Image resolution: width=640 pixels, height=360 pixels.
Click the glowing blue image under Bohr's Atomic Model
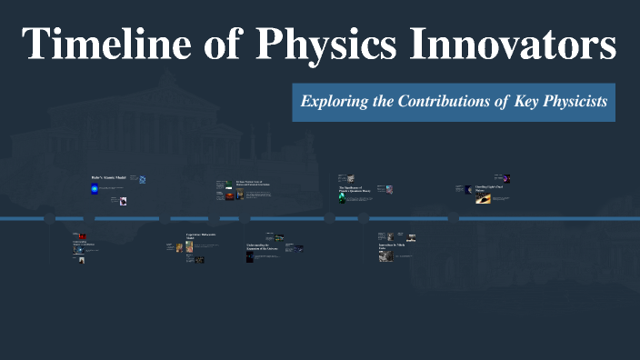point(94,189)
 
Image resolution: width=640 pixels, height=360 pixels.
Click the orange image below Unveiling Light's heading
point(483,197)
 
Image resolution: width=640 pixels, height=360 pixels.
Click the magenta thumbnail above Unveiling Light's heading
point(505,179)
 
